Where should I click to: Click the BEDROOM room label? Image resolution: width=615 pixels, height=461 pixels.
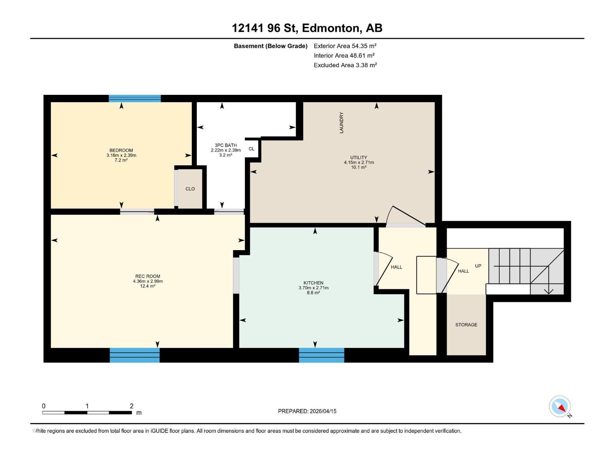coord(121,151)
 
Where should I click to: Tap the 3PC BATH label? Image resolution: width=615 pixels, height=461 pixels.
coord(226,146)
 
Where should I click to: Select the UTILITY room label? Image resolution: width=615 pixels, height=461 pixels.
coord(359,158)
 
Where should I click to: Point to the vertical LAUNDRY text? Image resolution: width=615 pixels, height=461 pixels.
coord(341,123)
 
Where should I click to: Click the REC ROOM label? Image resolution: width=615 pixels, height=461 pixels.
coord(148,276)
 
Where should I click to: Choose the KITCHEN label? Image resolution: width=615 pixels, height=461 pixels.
coord(313,283)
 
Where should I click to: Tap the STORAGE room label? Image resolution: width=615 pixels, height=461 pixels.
coord(466,325)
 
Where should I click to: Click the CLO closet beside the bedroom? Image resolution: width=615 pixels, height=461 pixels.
coord(190,189)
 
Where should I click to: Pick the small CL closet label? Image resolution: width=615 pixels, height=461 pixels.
coord(251,149)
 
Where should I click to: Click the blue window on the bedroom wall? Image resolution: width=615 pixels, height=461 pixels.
coord(135,98)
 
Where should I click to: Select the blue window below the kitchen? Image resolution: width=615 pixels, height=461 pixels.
coord(321,355)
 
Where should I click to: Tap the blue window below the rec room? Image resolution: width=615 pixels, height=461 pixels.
coord(135,355)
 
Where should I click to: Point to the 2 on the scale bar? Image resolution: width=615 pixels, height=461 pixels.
coord(131,406)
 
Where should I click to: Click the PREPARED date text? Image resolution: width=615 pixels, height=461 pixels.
coord(307,411)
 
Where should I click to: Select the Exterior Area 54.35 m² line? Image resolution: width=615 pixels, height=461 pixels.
coord(345,46)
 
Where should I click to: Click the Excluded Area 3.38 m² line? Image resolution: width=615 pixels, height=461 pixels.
coord(345,65)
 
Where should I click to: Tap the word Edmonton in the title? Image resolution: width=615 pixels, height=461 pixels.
coord(331,28)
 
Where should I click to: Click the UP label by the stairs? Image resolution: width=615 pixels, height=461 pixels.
coord(478,266)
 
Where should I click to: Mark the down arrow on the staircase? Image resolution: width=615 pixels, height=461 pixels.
coord(549,290)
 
